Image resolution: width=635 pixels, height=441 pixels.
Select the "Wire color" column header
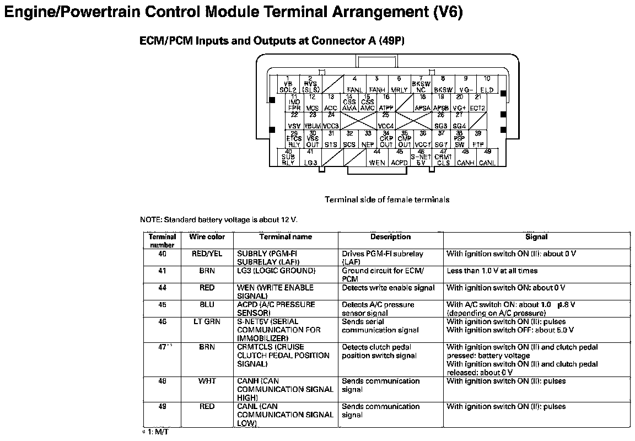pyautogui.click(x=207, y=237)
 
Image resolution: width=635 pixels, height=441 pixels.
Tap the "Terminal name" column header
pyautogui.click(x=286, y=237)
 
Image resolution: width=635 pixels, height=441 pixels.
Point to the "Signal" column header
pyautogui.click(x=536, y=237)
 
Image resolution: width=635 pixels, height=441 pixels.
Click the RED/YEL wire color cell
pyautogui.click(x=207, y=254)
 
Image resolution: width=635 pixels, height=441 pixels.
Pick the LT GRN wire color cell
pyautogui.click(x=207, y=322)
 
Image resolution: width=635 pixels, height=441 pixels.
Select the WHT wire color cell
pyautogui.click(x=207, y=381)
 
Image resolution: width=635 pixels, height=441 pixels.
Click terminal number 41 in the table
pyautogui.click(x=162, y=271)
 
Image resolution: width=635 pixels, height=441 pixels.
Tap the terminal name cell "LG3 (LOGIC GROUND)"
pyautogui.click(x=276, y=271)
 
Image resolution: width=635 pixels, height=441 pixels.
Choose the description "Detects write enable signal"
pyautogui.click(x=388, y=288)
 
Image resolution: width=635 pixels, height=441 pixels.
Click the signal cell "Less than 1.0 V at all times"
pyautogui.click(x=492, y=271)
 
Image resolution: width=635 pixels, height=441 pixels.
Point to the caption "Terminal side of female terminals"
pyautogui.click(x=386, y=200)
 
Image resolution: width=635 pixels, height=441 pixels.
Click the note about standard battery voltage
pyautogui.click(x=219, y=219)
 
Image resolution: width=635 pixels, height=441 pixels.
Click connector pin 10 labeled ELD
pyautogui.click(x=487, y=84)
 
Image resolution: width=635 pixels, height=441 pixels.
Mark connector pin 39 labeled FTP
pyautogui.click(x=478, y=139)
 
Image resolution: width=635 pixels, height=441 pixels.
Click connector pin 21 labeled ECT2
pyautogui.click(x=478, y=103)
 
